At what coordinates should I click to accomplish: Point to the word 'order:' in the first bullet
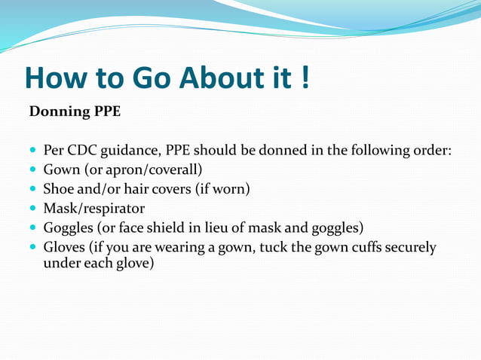click(432, 151)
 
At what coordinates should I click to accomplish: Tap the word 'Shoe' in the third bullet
click(59, 189)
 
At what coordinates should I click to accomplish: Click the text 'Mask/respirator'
click(93, 208)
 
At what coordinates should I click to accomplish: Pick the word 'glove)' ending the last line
click(136, 264)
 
